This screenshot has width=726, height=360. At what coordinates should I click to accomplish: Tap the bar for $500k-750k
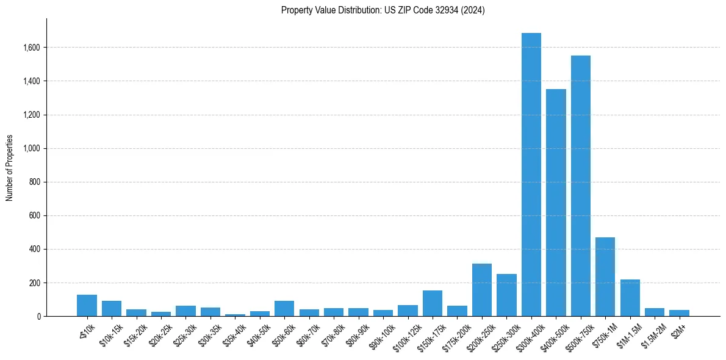click(x=580, y=186)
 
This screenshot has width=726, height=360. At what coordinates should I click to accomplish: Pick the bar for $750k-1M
click(x=605, y=277)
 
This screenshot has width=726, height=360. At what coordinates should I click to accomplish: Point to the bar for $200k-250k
click(x=482, y=290)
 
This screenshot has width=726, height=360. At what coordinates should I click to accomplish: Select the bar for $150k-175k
click(x=433, y=303)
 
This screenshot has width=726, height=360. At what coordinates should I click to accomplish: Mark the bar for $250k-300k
click(x=506, y=295)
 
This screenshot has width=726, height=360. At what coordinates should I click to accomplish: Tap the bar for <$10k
click(x=87, y=306)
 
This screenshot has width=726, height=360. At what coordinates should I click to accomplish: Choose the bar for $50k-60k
click(x=284, y=309)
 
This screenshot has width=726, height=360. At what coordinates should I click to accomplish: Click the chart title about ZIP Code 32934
click(x=383, y=10)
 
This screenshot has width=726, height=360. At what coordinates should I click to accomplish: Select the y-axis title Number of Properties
click(x=10, y=168)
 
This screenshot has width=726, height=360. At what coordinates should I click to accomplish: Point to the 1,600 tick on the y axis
click(x=32, y=48)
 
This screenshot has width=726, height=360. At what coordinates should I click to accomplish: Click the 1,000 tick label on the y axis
click(x=32, y=148)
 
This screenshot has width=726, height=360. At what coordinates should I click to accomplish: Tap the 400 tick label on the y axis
click(x=35, y=250)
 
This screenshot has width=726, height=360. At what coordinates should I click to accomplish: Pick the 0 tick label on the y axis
click(x=39, y=317)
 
